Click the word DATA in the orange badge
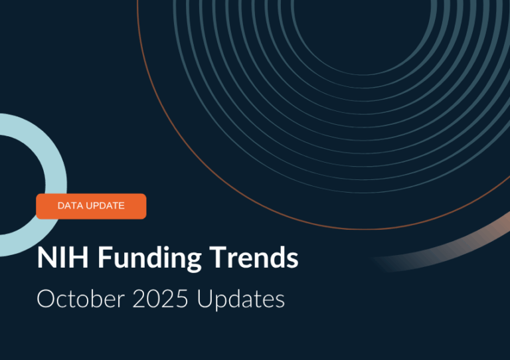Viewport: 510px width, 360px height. (x=70, y=206)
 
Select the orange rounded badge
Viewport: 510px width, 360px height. (x=91, y=206)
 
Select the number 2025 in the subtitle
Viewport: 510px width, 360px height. (x=159, y=299)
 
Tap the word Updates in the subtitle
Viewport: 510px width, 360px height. (x=240, y=300)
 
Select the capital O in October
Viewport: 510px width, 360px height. (x=46, y=299)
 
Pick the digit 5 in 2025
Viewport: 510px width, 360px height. (x=183, y=299)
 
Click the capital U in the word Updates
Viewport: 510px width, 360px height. (x=205, y=299)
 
